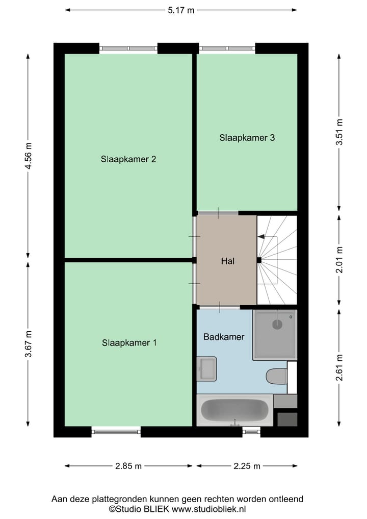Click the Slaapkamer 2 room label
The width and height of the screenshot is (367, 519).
click(x=128, y=159)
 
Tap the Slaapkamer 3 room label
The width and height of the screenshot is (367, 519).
click(x=247, y=137)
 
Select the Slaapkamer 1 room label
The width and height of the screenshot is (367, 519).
click(x=128, y=342)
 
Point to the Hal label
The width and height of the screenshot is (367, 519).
click(x=227, y=261)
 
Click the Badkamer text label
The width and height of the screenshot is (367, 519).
click(x=224, y=337)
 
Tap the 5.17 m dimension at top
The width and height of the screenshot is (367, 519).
click(x=181, y=10)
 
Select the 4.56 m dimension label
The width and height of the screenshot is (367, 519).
click(x=29, y=158)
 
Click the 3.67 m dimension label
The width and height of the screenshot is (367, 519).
click(x=29, y=344)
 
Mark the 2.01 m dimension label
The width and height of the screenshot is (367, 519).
click(x=339, y=260)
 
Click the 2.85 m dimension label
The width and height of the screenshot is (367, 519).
click(x=128, y=465)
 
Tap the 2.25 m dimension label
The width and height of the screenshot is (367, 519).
click(x=247, y=465)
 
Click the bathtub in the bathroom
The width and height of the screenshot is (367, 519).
click(x=234, y=410)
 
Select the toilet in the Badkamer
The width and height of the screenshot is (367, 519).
click(x=276, y=376)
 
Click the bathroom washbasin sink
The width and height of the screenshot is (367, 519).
click(x=207, y=368)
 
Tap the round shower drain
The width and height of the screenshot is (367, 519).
click(x=277, y=324)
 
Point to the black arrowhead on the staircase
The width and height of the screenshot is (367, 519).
click(x=261, y=236)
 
